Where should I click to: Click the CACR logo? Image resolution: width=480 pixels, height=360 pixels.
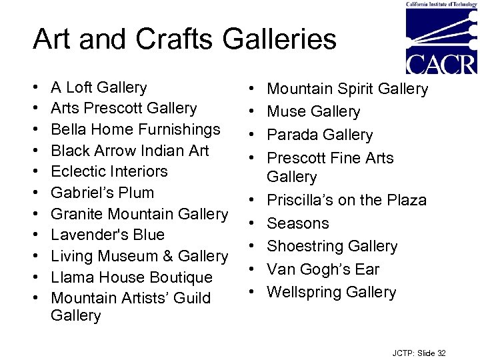coord(441,39)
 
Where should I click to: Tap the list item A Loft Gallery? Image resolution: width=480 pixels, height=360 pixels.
coord(99,87)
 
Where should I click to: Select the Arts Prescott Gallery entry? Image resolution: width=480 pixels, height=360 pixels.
coord(123,108)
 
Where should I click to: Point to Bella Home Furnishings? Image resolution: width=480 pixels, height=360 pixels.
coord(135,129)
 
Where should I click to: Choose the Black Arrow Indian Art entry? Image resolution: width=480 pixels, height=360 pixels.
coord(130,151)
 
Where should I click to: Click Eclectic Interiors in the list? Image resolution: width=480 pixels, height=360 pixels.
coord(109,171)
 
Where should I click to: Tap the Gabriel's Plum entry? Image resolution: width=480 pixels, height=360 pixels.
coord(102,193)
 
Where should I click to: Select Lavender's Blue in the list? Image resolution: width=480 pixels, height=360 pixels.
coord(107,235)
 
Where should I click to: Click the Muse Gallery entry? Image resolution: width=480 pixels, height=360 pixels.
coord(313,112)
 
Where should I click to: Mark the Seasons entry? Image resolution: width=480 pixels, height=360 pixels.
coord(298,223)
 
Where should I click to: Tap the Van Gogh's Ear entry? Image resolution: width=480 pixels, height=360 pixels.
coord(323,269)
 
